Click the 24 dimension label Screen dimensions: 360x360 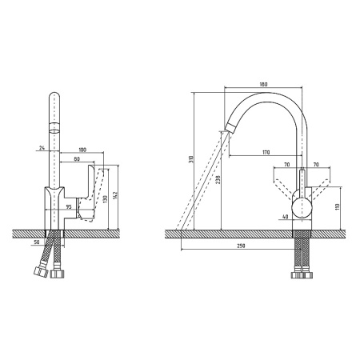click(42, 148)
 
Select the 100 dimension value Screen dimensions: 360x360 click(82, 150)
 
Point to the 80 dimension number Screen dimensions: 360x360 click(77, 159)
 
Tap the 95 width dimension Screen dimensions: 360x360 click(69, 206)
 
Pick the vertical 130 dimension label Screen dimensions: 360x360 click(105, 199)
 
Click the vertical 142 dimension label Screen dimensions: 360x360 click(115, 195)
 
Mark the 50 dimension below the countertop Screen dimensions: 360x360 click(37, 242)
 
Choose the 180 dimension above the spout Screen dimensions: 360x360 click(263, 85)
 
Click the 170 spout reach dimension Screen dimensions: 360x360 click(266, 153)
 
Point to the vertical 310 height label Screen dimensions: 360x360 click(191, 159)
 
